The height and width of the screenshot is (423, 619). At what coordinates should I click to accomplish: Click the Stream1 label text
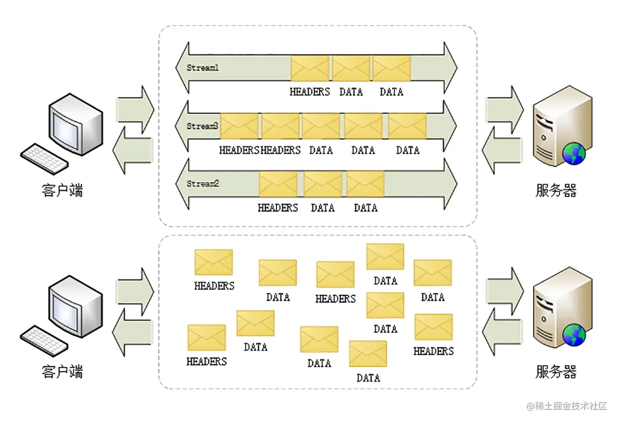click(203, 68)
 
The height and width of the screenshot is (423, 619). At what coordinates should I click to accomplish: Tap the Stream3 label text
click(202, 127)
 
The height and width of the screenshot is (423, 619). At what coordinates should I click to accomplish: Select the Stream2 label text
click(203, 184)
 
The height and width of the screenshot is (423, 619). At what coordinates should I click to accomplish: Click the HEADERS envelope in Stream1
click(310, 68)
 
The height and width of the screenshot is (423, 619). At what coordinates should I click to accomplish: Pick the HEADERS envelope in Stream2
click(278, 184)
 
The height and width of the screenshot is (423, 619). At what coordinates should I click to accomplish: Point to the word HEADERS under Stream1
click(310, 92)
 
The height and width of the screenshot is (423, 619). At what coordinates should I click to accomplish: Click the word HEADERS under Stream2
click(278, 207)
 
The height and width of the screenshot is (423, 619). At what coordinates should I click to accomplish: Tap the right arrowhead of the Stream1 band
click(450, 68)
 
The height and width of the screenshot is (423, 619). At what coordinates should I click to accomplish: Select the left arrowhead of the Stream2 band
click(182, 184)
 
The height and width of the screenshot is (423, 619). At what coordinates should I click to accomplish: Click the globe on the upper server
click(574, 154)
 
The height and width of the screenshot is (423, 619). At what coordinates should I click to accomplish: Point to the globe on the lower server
click(574, 336)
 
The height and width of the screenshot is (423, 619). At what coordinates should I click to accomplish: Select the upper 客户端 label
click(62, 190)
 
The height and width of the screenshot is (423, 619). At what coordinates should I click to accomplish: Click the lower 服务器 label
click(556, 372)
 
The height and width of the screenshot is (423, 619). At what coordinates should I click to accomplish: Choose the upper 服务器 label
click(556, 190)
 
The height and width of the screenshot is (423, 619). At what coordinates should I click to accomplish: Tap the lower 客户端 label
click(62, 372)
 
